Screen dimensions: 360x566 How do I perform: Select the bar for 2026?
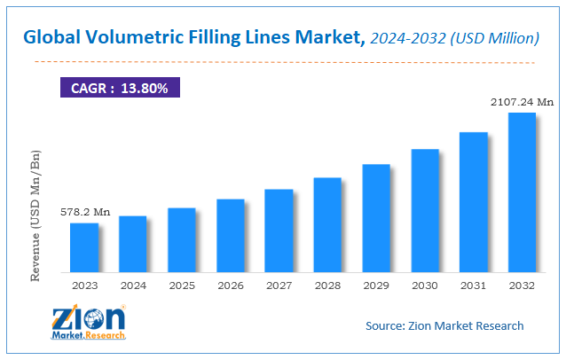pos(231,235)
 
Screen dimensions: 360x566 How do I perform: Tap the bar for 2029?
pos(376,217)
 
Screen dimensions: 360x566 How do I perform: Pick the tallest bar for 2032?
pos(522,192)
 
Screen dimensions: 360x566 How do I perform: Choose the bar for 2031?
pos(474,201)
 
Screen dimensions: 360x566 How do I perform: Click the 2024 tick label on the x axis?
pos(133,286)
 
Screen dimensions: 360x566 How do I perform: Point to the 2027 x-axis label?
pos(279,286)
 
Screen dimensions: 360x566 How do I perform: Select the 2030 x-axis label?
pos(425,286)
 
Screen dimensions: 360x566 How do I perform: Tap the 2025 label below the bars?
pos(182,286)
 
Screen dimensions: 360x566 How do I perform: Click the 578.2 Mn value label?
pos(85,213)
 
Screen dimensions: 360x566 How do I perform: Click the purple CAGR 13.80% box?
pos(120,88)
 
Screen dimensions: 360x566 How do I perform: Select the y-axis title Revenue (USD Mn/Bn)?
pos(36,215)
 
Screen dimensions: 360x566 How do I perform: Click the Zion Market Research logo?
pos(89,323)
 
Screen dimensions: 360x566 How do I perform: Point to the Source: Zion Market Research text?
pos(444,325)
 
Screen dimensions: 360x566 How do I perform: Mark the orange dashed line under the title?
pos(284,62)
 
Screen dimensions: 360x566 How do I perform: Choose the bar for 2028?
pos(327,224)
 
